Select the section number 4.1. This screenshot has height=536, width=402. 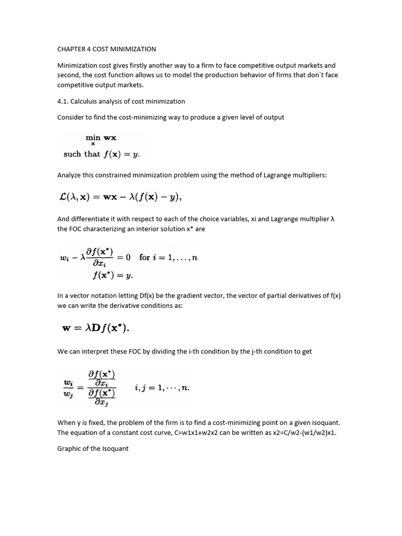point(64,101)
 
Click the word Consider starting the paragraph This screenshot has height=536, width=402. point(71,117)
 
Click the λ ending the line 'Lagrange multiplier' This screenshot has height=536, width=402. point(332,219)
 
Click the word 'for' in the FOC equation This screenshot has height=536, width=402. point(144,257)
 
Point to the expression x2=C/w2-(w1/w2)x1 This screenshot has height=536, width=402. point(298,433)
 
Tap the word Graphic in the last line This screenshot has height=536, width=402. point(69,449)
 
